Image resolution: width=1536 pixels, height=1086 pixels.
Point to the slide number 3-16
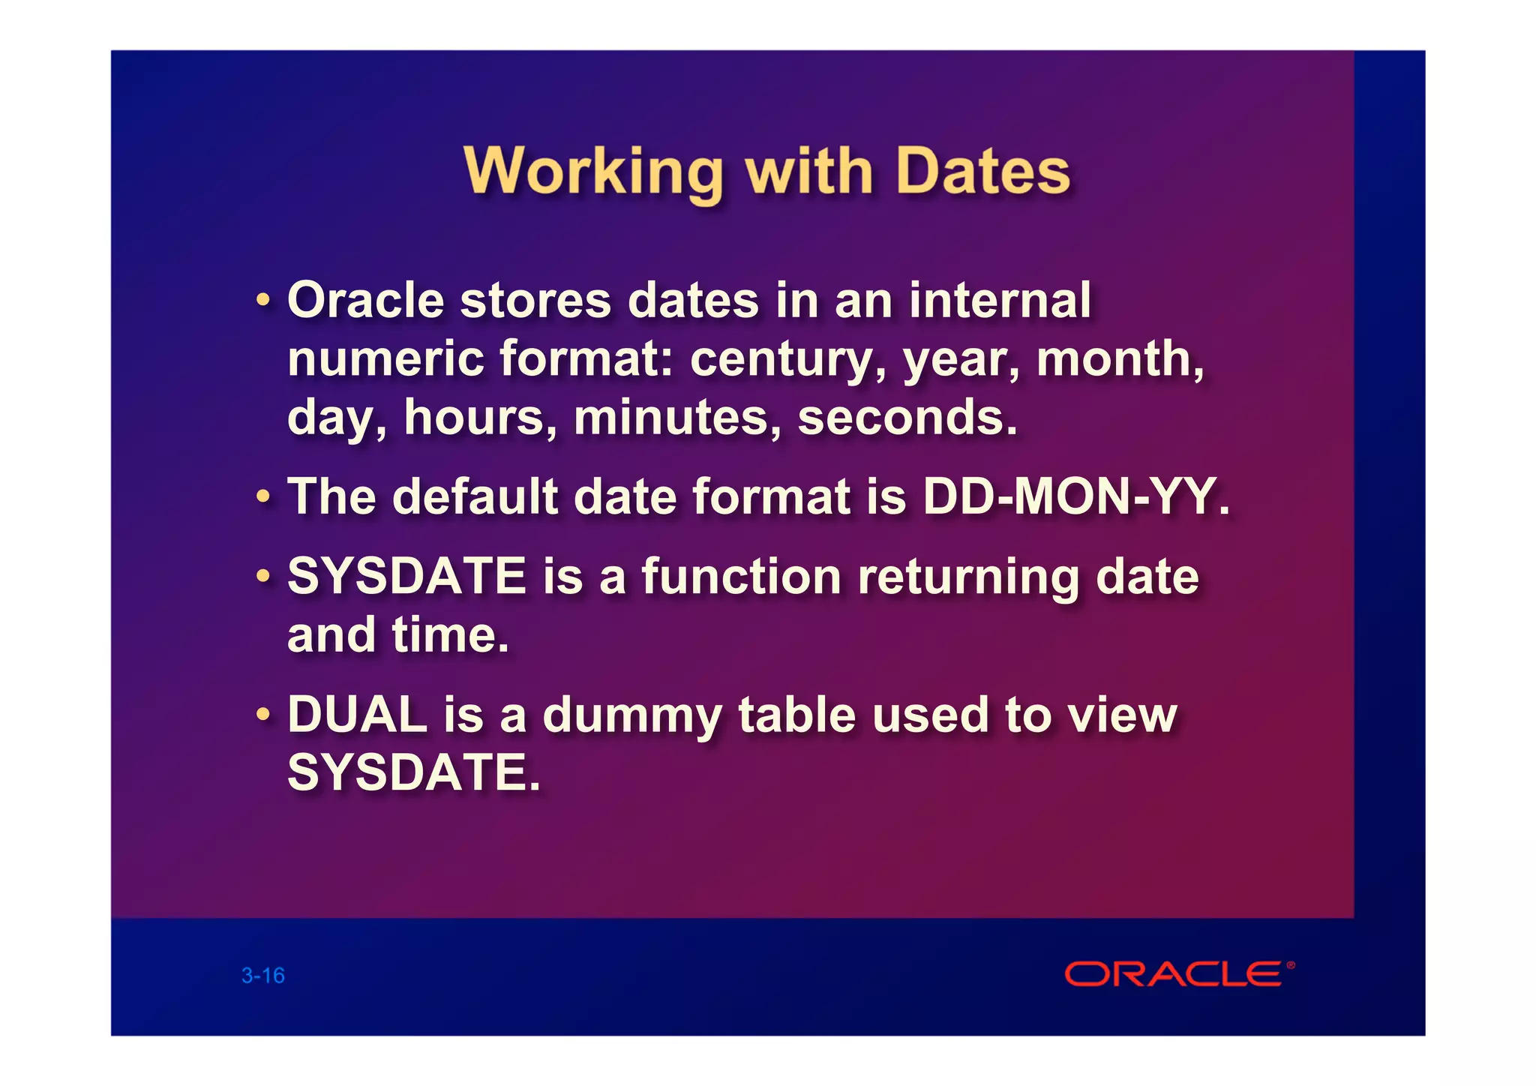pos(263,976)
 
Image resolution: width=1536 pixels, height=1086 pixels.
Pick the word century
pos(787,359)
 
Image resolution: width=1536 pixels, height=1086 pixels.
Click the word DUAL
pos(357,714)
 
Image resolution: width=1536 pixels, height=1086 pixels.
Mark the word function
pos(741,577)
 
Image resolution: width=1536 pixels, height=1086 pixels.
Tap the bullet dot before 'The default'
pos(262,496)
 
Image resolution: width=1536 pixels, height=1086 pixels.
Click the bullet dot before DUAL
pos(262,714)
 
